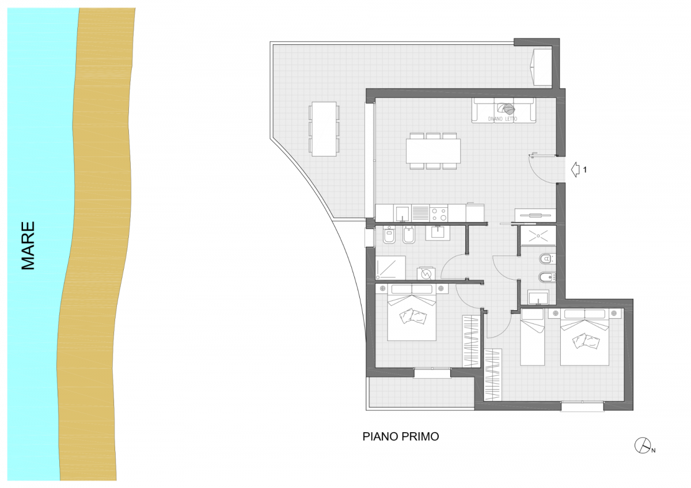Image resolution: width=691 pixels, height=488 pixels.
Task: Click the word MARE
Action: [x=28, y=246]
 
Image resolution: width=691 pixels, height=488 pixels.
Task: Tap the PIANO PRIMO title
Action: [x=400, y=437]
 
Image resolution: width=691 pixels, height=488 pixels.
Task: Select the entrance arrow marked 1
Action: [x=575, y=170]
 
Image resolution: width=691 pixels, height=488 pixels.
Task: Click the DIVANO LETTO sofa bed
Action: [x=503, y=110]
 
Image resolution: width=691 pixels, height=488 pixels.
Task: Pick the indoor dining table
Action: [x=433, y=151]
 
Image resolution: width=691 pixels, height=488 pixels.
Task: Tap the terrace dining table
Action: [x=324, y=129]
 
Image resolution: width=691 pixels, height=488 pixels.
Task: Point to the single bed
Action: [x=532, y=337]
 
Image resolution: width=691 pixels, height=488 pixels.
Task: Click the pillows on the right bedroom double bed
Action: [x=586, y=341]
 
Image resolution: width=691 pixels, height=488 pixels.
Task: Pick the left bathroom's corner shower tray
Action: [x=390, y=268]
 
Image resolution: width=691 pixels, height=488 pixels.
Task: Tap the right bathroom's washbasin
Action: [x=538, y=298]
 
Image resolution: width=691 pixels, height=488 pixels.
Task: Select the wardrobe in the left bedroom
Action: [x=471, y=341]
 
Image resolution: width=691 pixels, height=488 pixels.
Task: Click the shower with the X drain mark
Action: [x=538, y=235]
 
